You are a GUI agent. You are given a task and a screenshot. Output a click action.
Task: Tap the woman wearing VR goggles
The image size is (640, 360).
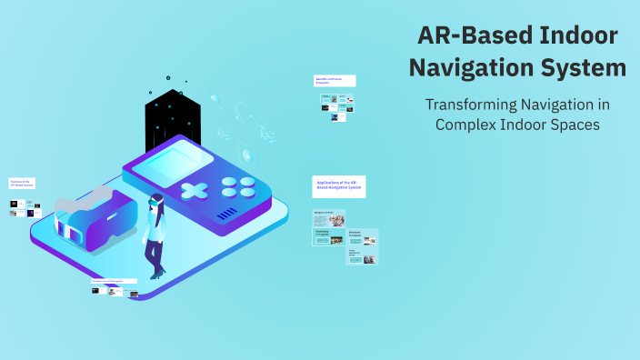156,234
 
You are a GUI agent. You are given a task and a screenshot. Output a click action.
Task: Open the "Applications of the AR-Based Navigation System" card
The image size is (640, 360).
339,186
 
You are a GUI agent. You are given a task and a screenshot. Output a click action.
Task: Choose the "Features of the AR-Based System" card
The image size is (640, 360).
23,183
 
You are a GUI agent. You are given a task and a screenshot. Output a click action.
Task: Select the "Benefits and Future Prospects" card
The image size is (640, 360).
335,81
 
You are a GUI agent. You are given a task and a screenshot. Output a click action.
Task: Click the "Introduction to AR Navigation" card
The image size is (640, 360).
114,282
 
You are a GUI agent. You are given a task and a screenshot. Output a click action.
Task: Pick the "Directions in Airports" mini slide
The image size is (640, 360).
363,237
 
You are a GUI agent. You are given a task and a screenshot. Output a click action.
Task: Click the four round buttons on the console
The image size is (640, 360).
239,186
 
